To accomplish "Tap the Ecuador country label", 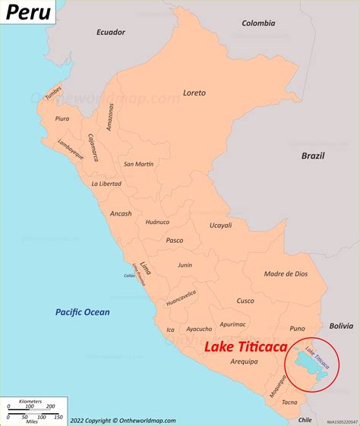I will (x=110, y=32).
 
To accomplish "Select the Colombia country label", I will (x=258, y=24).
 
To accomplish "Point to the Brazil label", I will (x=312, y=156).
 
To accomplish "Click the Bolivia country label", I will (x=340, y=326).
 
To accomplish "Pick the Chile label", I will (x=305, y=419).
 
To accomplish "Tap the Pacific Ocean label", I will (x=82, y=312).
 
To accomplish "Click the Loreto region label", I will (x=194, y=93).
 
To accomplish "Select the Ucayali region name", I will (x=221, y=226).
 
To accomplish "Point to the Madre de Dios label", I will (x=286, y=274).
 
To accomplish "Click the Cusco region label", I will (x=245, y=301).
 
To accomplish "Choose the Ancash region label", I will (x=120, y=213).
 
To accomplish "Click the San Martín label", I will (x=139, y=164).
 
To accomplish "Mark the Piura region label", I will (x=62, y=119).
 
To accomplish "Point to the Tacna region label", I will (x=290, y=402).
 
